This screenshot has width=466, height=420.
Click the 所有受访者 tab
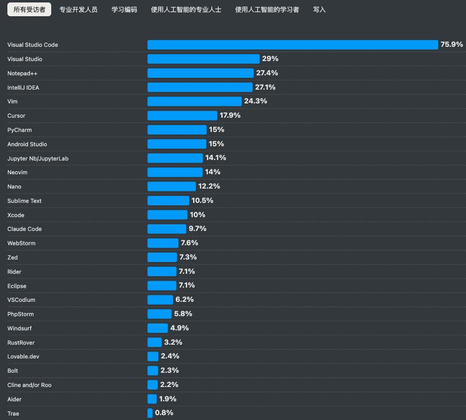[29, 9]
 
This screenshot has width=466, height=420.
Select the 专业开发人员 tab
[78, 9]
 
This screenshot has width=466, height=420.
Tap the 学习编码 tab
[124, 9]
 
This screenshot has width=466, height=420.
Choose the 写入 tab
[319, 9]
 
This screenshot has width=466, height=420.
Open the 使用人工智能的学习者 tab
[267, 9]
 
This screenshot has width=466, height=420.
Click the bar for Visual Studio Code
[293, 45]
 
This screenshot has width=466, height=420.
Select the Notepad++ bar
[200, 73]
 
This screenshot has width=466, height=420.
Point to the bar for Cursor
[182, 115]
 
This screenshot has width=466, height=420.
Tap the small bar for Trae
[150, 413]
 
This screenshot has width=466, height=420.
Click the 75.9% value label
[451, 44]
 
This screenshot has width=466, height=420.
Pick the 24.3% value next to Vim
[255, 101]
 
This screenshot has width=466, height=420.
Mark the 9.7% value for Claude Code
[197, 228]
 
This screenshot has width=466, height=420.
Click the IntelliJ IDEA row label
[23, 88]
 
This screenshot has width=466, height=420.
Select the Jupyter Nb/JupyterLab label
[37, 159]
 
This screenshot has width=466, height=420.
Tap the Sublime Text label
[25, 201]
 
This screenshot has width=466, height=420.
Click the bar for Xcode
[167, 215]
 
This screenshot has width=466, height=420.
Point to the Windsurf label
[19, 328]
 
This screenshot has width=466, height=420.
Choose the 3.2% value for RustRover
[173, 342]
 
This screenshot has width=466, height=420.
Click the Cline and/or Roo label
[29, 385]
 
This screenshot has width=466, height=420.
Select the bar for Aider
[152, 399]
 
